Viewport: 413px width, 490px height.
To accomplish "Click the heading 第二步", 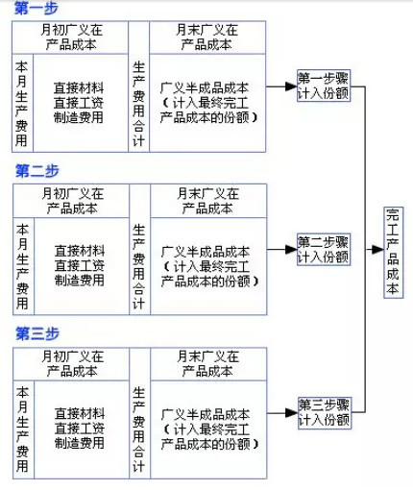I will point(37,171).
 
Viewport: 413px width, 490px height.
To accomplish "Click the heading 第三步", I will point(37,333).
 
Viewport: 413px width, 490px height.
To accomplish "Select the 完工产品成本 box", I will point(393,252).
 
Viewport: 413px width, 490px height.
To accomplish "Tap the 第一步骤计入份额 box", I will point(323,86).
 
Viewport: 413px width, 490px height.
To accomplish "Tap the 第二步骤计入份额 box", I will point(323,249).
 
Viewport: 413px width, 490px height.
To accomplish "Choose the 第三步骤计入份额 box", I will point(323,412).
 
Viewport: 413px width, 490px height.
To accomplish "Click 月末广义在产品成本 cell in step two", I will point(206,201).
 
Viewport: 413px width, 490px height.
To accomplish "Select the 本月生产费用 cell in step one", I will point(22,102).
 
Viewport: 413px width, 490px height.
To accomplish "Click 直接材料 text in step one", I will point(80,87).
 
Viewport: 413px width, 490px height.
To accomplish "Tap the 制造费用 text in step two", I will point(80,280).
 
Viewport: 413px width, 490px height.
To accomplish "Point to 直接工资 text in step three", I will point(80,428).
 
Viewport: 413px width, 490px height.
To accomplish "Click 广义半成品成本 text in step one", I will point(206,87).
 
